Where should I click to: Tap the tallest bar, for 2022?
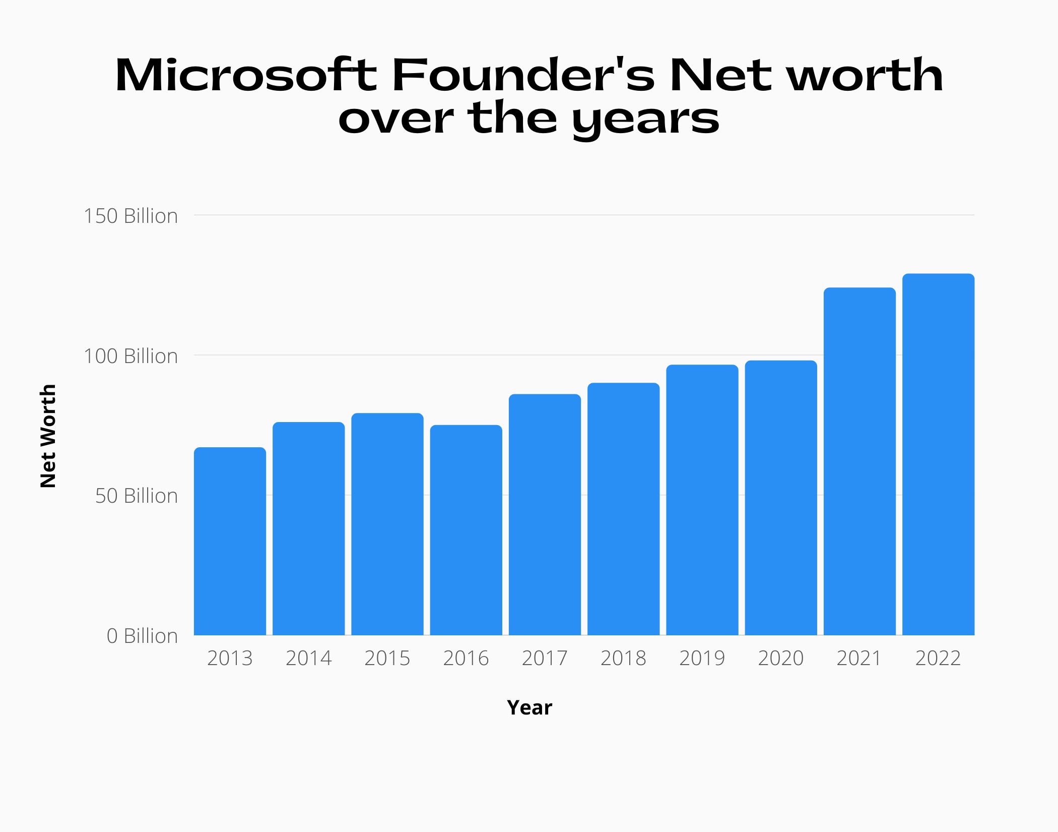938,454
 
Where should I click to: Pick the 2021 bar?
859,461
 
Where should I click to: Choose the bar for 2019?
702,499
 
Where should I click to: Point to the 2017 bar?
545,514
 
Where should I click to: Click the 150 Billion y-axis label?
131,216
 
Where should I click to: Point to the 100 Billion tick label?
131,356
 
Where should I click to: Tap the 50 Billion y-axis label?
137,496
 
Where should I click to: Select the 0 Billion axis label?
142,636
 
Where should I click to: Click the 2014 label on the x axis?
308,658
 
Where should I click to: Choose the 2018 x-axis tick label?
623,658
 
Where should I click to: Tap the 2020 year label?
780,658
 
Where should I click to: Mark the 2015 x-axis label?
387,658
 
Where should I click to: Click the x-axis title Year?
530,707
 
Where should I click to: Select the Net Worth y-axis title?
48,436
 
